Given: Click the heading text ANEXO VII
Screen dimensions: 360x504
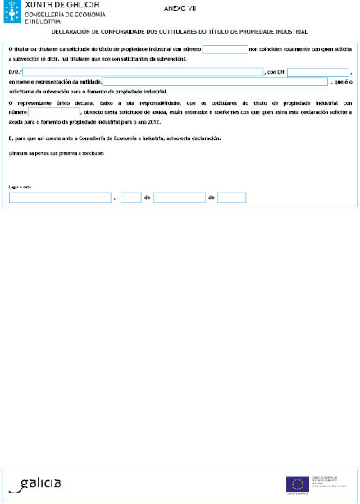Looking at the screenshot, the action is [170, 7].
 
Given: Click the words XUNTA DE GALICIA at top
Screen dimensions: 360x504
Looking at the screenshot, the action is [54, 6].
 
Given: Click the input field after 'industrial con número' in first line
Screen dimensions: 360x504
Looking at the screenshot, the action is [224, 49].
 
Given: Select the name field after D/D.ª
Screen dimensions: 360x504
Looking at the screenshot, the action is [136, 72].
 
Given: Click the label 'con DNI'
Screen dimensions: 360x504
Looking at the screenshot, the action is [276, 72].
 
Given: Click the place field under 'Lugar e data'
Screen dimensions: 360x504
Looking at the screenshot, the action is [59, 198].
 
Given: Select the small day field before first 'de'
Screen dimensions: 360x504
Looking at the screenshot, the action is [130, 198].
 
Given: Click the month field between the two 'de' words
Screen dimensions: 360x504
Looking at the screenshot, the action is [179, 198].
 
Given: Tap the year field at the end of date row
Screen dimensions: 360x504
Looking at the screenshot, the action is [232, 198].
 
